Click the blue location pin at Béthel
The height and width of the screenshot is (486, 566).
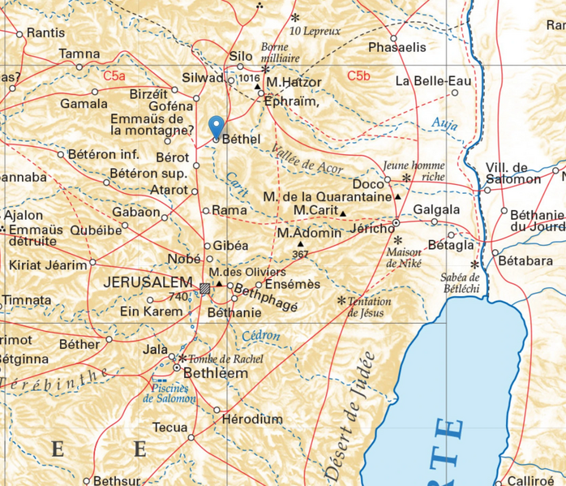click(216, 127)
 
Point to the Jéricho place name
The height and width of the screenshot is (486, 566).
click(371, 230)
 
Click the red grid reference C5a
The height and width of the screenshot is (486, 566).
click(114, 75)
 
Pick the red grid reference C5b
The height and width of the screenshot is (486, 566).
click(358, 76)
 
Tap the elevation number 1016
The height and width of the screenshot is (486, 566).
click(250, 78)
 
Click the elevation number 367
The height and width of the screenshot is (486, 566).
click(300, 255)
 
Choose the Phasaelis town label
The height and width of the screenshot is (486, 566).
click(397, 47)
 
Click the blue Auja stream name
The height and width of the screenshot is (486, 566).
click(444, 124)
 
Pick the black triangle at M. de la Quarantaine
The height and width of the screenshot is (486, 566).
click(398, 197)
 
